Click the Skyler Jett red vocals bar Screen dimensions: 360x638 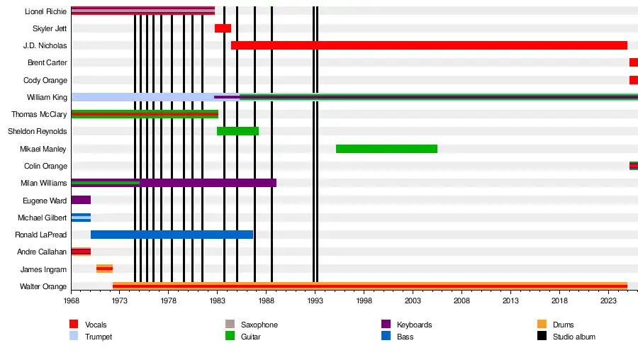point(223,28)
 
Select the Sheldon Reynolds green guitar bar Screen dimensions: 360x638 point(237,131)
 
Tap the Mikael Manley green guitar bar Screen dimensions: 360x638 point(386,149)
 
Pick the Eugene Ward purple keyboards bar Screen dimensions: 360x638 point(81,200)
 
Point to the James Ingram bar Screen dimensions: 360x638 point(104,269)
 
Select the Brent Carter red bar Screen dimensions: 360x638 point(633,62)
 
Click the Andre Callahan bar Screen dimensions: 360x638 point(81,252)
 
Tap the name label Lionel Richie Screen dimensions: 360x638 point(45,11)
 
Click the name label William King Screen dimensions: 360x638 point(47,97)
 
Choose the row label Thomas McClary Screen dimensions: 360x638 point(39,114)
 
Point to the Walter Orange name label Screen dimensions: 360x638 point(44,286)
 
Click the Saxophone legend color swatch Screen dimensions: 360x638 point(229,325)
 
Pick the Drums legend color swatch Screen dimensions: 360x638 point(542,325)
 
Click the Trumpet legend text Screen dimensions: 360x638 point(99,337)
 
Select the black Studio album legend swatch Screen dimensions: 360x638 point(542,337)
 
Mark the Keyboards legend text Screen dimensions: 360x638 point(414,325)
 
